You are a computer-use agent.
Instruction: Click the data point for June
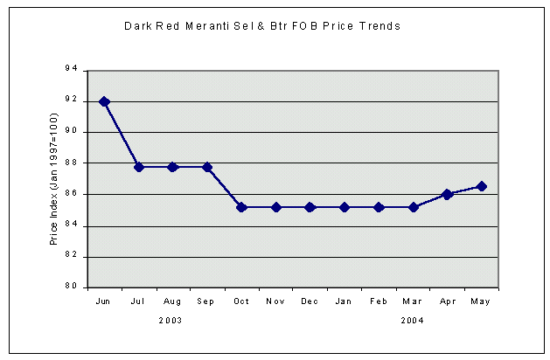pos(105,101)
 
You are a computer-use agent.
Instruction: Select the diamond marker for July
pos(139,167)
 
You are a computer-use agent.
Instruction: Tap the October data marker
pos(241,207)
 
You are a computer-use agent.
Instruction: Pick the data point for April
pos(447,194)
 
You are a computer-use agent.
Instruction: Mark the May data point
pos(481,186)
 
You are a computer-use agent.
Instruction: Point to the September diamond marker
pos(207,167)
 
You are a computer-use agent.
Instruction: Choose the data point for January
pos(345,207)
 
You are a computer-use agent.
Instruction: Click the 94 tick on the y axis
pos(71,69)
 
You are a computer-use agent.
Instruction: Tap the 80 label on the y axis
pos(71,287)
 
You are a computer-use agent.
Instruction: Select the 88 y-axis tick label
pos(71,163)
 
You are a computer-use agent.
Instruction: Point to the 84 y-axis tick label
pos(71,225)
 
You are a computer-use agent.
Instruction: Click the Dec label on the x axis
pos(310,301)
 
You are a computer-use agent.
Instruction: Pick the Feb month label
pos(379,301)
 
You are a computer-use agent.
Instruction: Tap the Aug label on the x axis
pos(173,301)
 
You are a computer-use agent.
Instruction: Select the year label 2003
pos(171,321)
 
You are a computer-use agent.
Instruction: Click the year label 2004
pos(413,321)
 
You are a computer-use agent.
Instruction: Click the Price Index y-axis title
pos(53,179)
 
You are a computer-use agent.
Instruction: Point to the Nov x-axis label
pos(275,301)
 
